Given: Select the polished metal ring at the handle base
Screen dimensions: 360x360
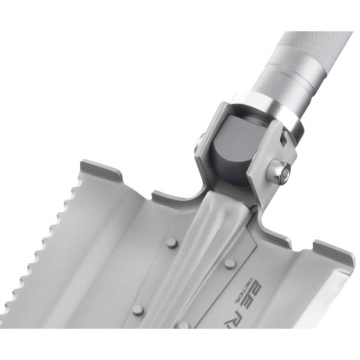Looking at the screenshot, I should click(267, 110).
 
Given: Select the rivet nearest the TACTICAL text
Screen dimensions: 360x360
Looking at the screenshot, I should click(230, 263).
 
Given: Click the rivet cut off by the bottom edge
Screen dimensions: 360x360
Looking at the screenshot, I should click(184, 325).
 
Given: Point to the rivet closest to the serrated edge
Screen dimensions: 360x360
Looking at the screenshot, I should click(138, 310).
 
